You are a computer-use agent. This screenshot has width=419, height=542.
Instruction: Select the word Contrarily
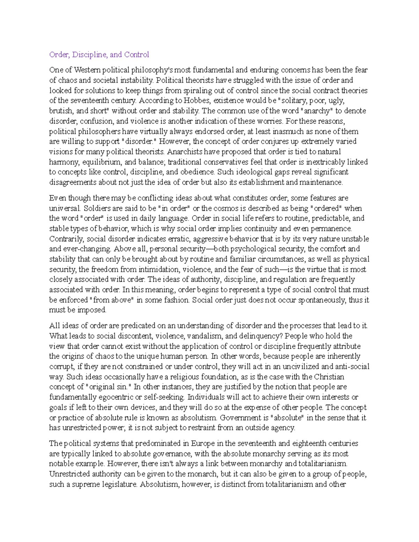[66, 239]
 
